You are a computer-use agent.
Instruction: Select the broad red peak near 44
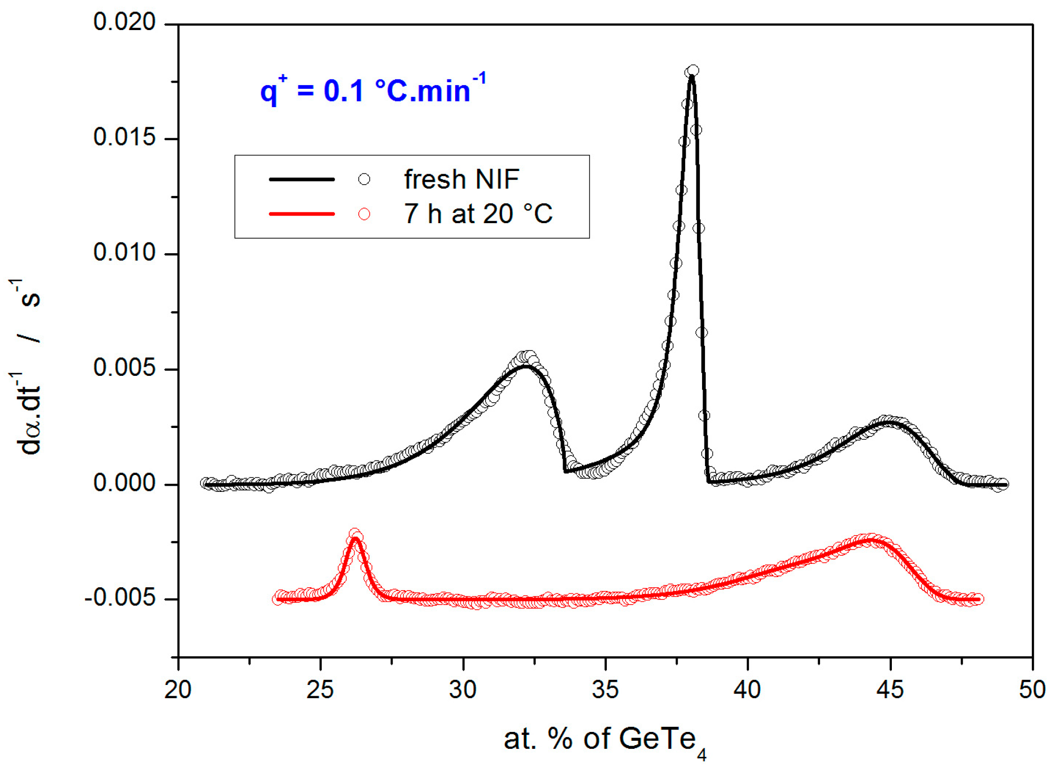click(x=870, y=539)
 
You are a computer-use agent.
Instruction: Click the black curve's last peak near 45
click(x=888, y=421)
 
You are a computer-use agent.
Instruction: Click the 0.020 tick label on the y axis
click(x=124, y=22)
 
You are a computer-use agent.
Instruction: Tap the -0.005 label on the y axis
click(x=120, y=598)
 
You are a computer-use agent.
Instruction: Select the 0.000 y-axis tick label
click(x=124, y=483)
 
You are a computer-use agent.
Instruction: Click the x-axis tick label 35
click(x=605, y=690)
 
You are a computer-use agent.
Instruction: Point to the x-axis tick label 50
click(x=1032, y=690)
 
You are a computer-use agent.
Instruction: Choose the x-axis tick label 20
click(x=178, y=690)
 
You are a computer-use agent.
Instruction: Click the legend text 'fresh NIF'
click(x=461, y=179)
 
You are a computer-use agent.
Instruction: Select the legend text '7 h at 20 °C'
click(x=478, y=214)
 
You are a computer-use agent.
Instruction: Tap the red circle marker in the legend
click(x=364, y=214)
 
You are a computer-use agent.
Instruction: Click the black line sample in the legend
click(x=302, y=179)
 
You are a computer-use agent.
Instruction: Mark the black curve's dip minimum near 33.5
click(x=565, y=471)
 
